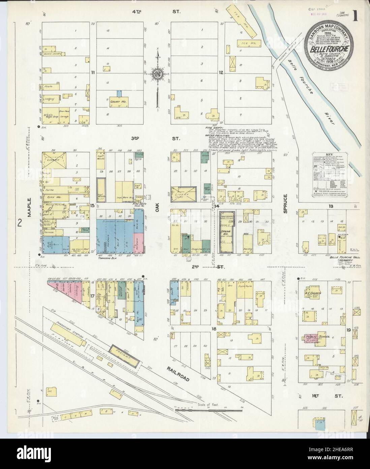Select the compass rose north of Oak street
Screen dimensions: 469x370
click(157, 73)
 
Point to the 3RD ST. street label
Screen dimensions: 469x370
click(157, 138)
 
